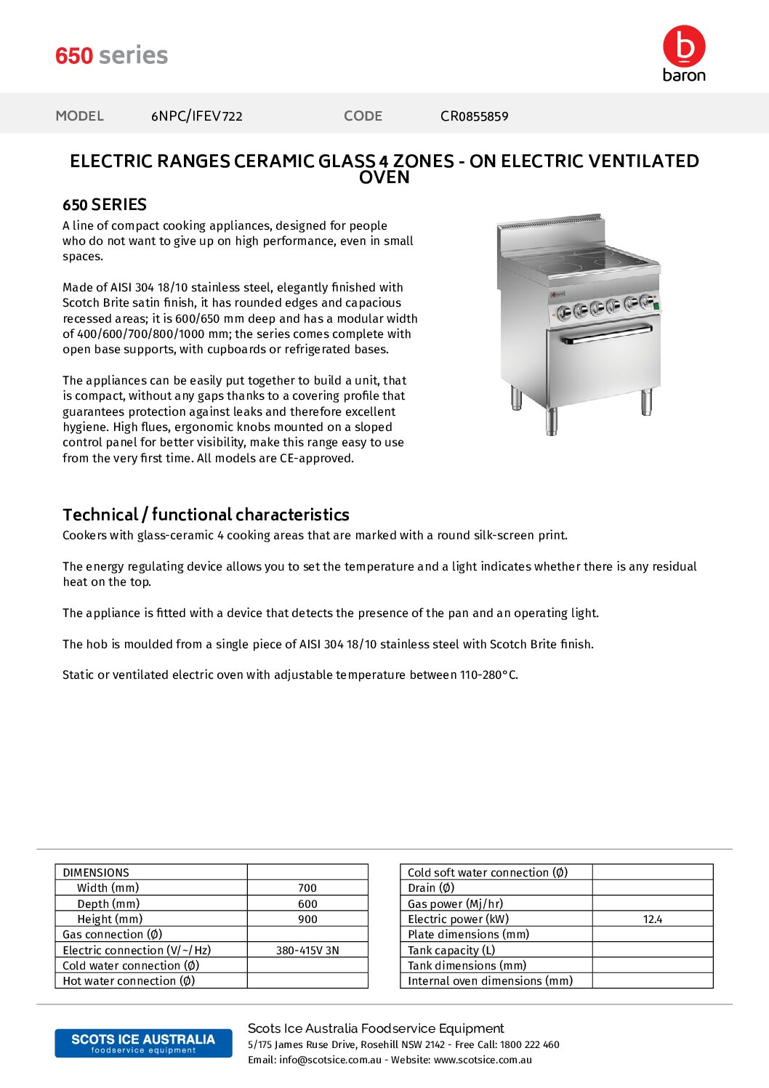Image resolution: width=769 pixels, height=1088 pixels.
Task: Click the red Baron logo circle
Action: coord(684,46)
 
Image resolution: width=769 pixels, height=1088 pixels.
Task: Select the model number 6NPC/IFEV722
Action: coord(196,116)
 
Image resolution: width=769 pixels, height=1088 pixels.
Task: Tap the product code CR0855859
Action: coord(474,116)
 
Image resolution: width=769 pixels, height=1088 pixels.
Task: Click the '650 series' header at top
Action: coord(111,56)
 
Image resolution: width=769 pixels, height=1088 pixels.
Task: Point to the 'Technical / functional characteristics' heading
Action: coord(206,515)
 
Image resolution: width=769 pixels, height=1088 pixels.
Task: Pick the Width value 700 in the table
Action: coord(307,888)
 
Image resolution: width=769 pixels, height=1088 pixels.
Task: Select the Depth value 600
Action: coord(307,904)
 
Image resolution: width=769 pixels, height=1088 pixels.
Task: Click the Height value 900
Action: coord(307,919)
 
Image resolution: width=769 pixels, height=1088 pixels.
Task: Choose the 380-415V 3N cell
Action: coord(307,951)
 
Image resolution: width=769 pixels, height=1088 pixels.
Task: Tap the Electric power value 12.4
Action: coord(652,919)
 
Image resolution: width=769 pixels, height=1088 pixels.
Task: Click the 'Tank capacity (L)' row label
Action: coord(451,951)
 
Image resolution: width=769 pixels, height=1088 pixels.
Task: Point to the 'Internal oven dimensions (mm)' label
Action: coord(490,981)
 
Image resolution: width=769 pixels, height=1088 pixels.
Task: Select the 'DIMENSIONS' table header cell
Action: coord(96,872)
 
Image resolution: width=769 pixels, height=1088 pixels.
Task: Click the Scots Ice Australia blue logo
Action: coord(143,1043)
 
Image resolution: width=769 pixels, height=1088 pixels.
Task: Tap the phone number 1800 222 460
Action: coord(529,1044)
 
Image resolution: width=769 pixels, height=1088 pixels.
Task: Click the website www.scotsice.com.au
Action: coord(483,1060)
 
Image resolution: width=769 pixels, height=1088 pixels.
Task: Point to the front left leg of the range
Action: coord(552,421)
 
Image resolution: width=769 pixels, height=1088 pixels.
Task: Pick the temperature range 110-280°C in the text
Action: coord(488,675)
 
